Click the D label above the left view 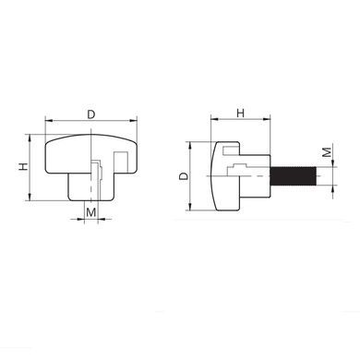[x=91, y=114]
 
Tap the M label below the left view [x=91, y=212]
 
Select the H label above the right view [x=240, y=114]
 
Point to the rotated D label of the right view [x=184, y=176]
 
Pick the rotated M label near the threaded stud [x=327, y=152]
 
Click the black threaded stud [x=294, y=175]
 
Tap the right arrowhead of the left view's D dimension [x=134, y=120]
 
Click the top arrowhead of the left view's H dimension [x=30, y=138]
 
